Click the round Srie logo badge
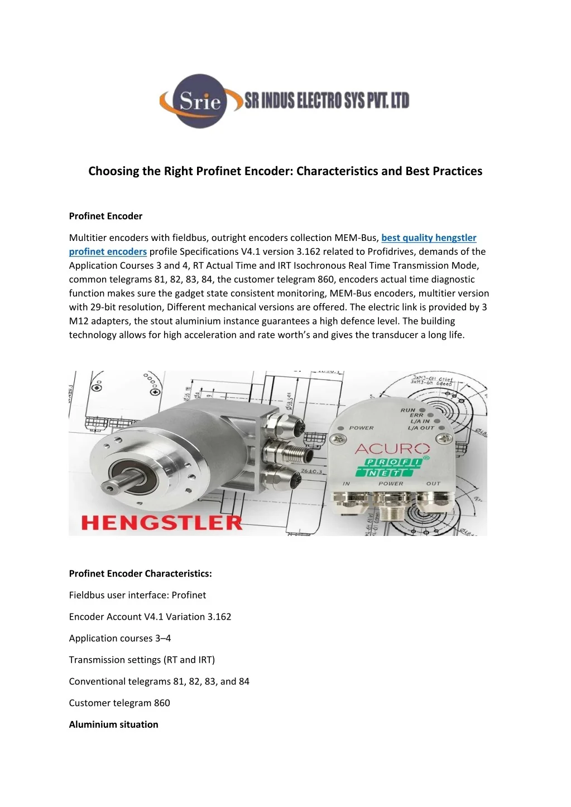pos(200,101)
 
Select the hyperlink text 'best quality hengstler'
pos(429,238)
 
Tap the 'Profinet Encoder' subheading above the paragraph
pos(105,216)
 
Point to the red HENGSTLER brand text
pos(162,523)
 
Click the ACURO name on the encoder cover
pos(392,448)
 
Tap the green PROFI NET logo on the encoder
pos(394,467)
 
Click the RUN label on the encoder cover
pos(407,410)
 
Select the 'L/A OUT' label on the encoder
pos(421,428)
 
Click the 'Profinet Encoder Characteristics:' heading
pos(140,573)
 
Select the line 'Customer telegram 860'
pos(119,703)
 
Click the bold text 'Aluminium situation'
pos(113,724)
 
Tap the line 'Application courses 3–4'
pos(120,638)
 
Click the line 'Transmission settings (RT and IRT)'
pos(142,660)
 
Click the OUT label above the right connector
pos(433,484)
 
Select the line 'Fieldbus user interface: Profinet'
pos(137,595)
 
